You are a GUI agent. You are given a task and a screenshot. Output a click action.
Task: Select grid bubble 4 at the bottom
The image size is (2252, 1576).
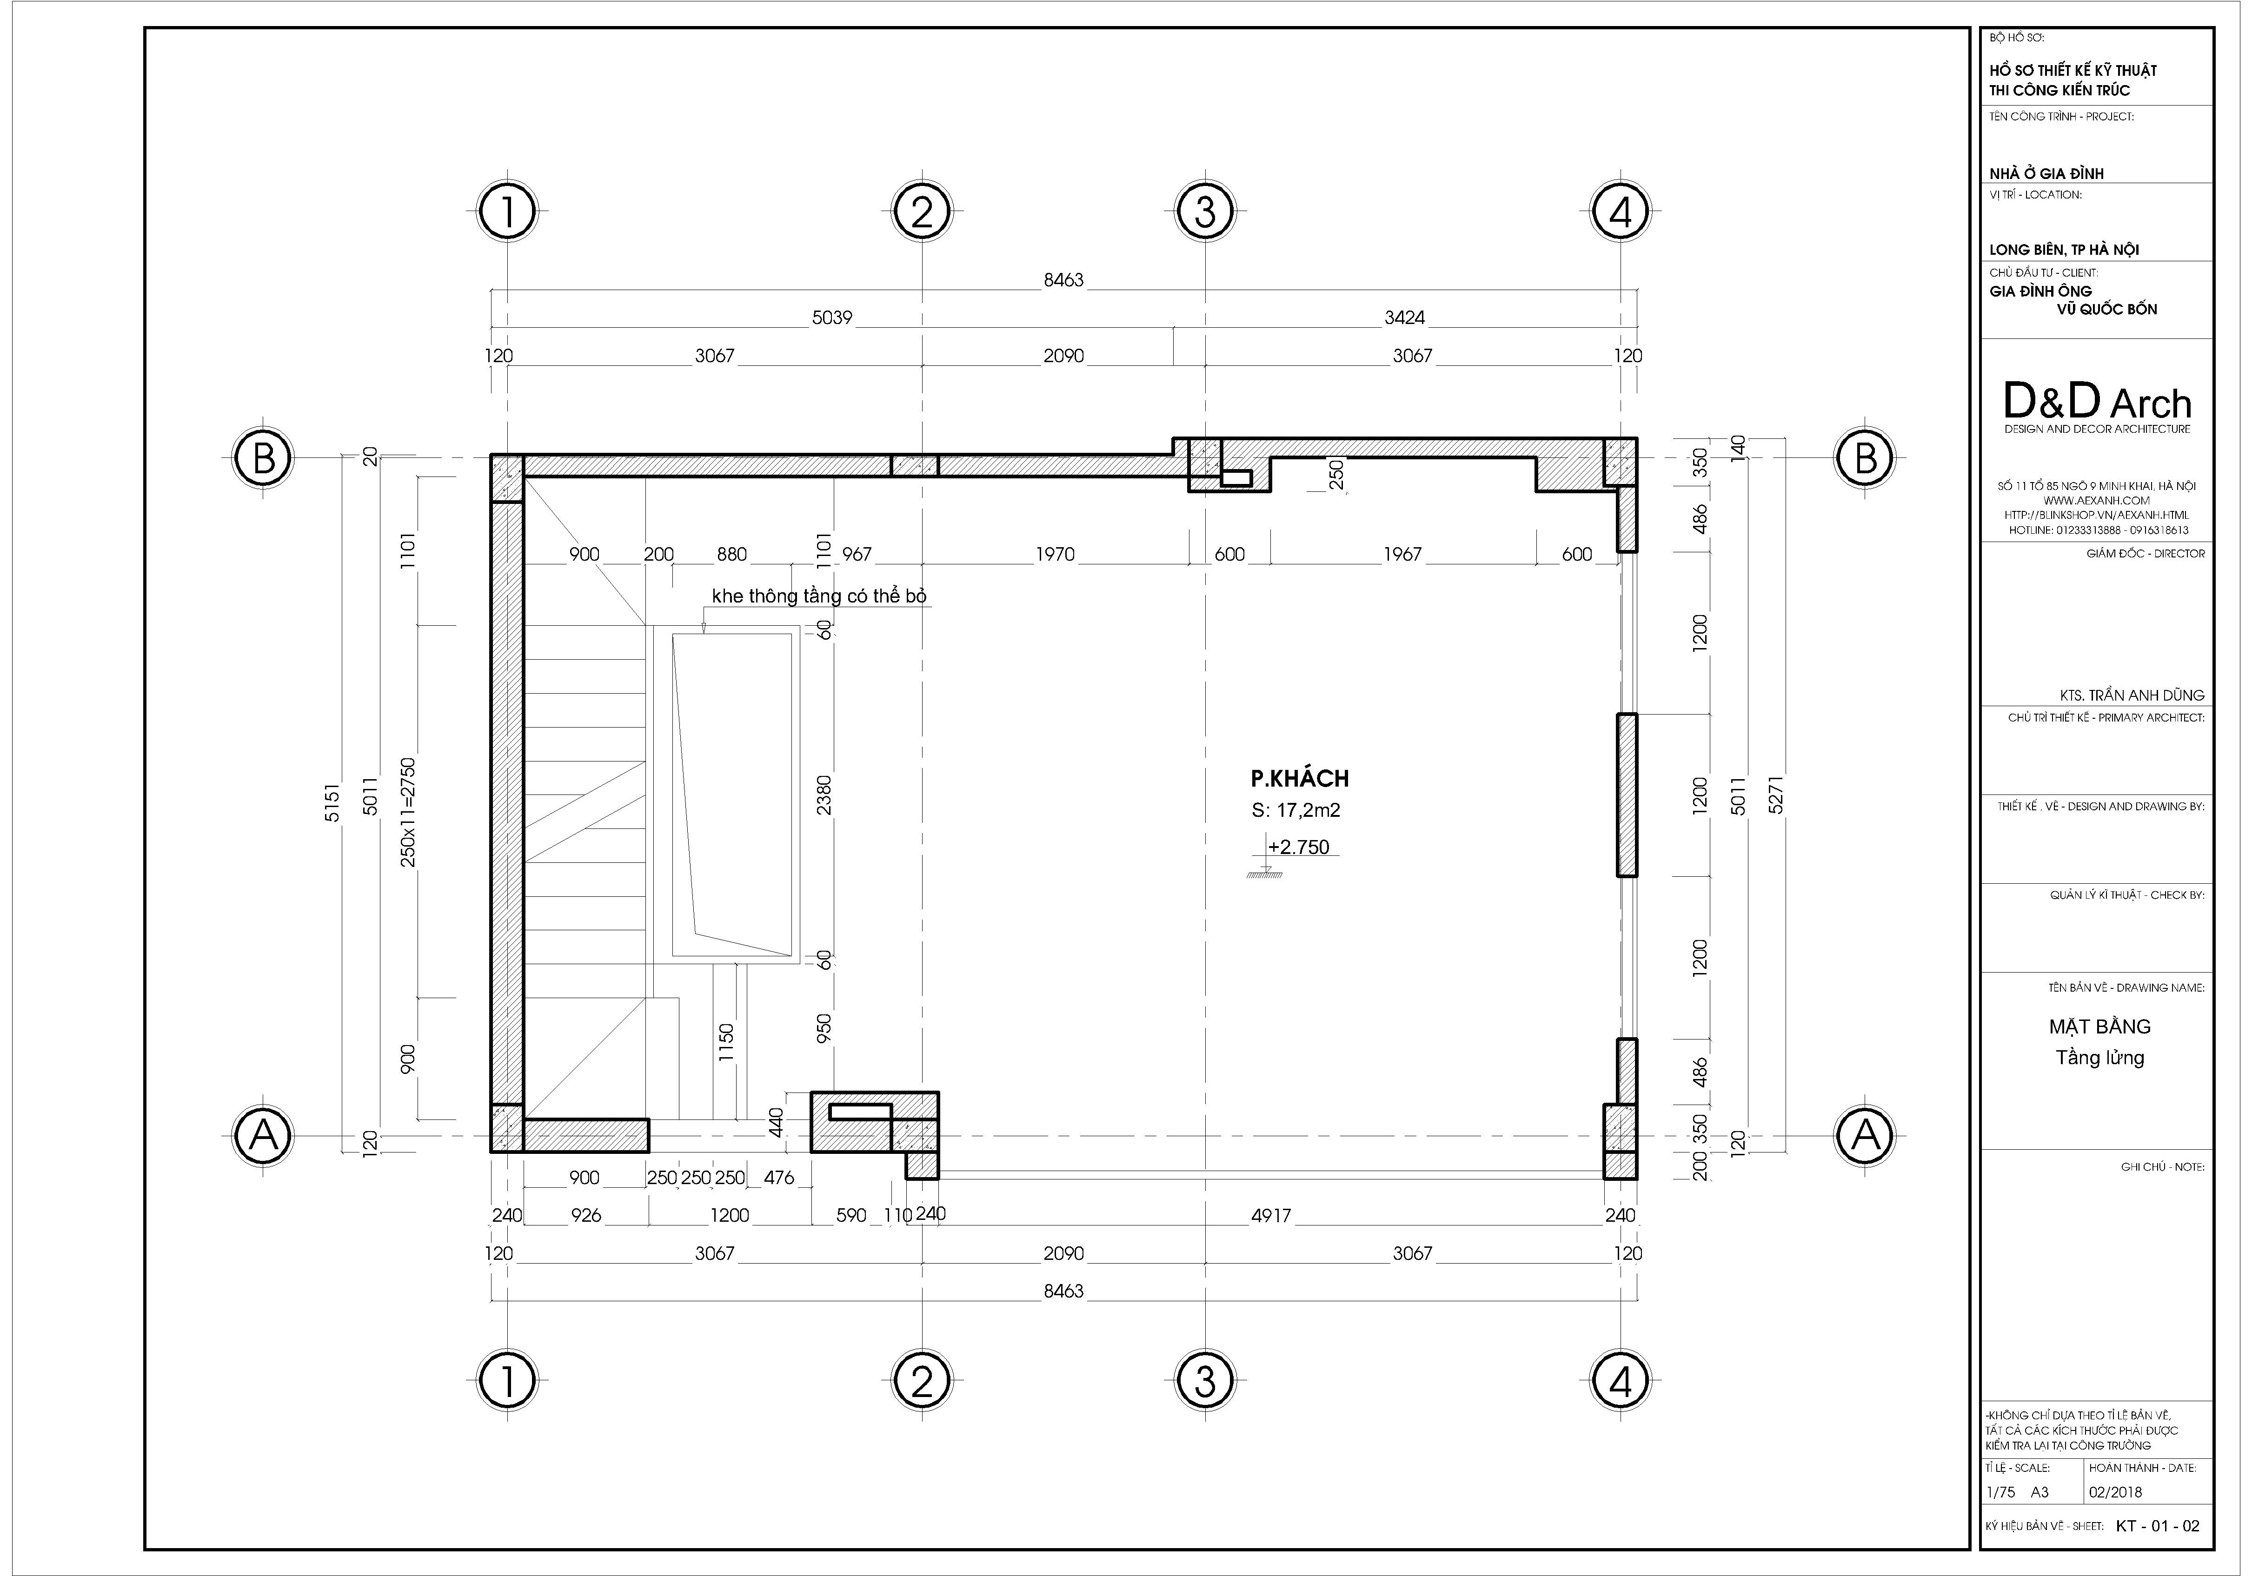click(1621, 1381)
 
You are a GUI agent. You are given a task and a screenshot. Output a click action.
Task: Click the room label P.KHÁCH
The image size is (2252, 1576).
click(1300, 779)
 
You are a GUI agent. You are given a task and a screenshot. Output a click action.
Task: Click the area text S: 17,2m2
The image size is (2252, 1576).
click(1295, 810)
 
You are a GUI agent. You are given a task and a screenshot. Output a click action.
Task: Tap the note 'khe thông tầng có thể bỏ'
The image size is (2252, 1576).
click(819, 596)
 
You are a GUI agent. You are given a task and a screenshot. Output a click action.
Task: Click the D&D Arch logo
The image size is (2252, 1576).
click(2097, 402)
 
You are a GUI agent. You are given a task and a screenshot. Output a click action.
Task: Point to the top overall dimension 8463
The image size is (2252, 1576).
click(1063, 279)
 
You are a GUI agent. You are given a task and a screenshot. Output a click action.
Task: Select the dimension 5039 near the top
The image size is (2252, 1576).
click(832, 318)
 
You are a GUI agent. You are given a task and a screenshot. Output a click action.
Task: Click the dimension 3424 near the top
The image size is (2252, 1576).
click(1405, 318)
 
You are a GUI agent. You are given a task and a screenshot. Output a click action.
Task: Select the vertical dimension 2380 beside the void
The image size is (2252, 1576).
click(824, 795)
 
